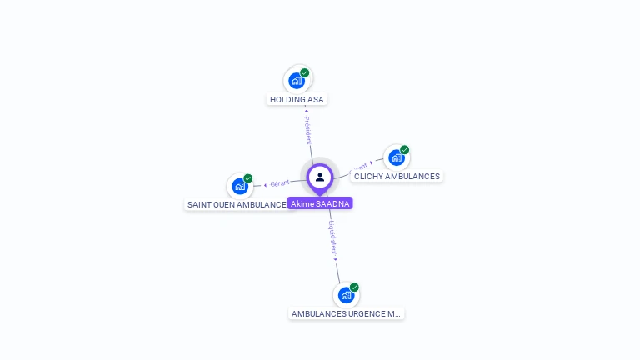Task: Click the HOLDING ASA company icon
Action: pyautogui.click(x=296, y=81)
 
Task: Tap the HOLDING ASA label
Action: pyautogui.click(x=297, y=100)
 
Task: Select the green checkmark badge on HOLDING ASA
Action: pyautogui.click(x=305, y=73)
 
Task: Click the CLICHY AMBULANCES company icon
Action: pyautogui.click(x=396, y=157)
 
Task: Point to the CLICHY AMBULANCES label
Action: pyautogui.click(x=397, y=177)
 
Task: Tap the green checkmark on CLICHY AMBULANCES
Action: pyautogui.click(x=405, y=150)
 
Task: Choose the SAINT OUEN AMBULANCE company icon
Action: pyautogui.click(x=240, y=186)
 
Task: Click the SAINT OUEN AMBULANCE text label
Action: pyautogui.click(x=236, y=204)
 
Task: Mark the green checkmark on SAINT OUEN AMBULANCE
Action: pyautogui.click(x=248, y=178)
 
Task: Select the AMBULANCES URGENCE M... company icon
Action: pyautogui.click(x=346, y=295)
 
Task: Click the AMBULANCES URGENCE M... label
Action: pyautogui.click(x=346, y=314)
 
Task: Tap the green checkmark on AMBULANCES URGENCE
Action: pyautogui.click(x=354, y=287)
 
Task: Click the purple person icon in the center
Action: pyautogui.click(x=320, y=177)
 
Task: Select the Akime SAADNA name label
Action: pyautogui.click(x=320, y=203)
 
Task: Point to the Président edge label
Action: pyautogui.click(x=307, y=129)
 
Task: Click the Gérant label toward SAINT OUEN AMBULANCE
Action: pyautogui.click(x=280, y=183)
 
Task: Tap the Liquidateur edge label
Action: pyautogui.click(x=332, y=237)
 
